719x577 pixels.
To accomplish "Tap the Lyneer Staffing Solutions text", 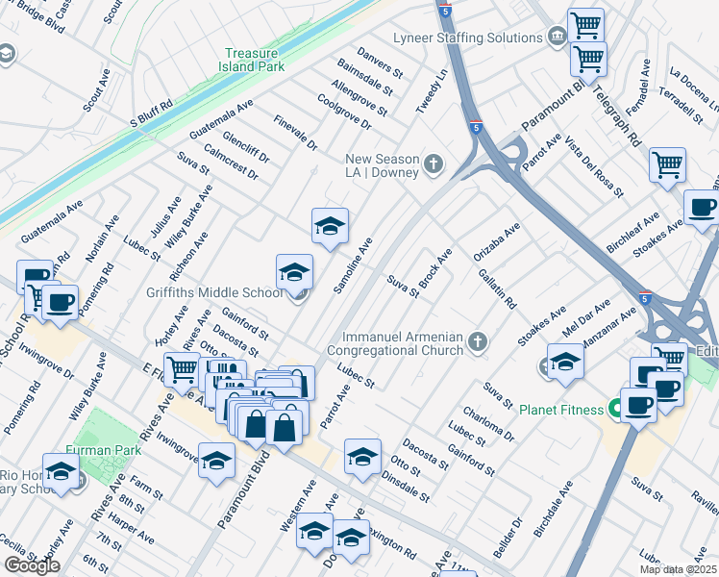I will (467, 38).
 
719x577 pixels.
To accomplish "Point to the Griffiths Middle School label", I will (214, 292).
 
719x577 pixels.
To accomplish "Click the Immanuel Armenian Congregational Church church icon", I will (476, 341).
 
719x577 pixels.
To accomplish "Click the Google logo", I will (32, 565).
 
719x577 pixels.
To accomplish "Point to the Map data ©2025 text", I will (678, 569).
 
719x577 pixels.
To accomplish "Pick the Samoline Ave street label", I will (352, 267).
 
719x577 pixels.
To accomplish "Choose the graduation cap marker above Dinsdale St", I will (361, 456).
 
